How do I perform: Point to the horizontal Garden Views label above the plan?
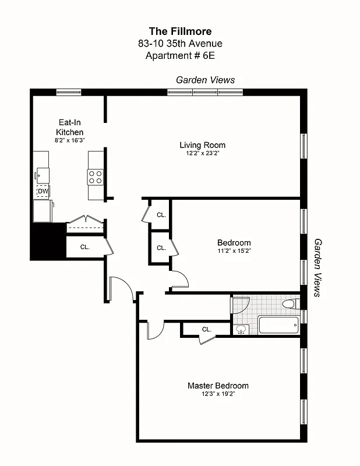tap(206, 80)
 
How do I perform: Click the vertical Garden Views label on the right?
tap(319, 267)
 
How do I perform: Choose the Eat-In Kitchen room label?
tap(69, 128)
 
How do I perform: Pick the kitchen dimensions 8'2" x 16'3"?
tap(69, 140)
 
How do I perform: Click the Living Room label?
tap(202, 145)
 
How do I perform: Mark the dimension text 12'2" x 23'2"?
tap(202, 153)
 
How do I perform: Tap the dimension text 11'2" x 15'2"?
tap(234, 251)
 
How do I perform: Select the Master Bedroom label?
tap(218, 386)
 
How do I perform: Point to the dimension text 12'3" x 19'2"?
tap(218, 394)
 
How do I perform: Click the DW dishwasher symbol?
tap(43, 191)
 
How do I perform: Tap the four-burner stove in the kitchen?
tap(96, 176)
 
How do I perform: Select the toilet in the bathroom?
tap(289, 304)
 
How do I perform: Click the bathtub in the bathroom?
tap(278, 324)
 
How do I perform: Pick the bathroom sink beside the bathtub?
tap(241, 329)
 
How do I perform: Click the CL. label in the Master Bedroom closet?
tap(206, 330)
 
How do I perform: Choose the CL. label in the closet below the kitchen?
tap(85, 247)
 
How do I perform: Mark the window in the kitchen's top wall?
tap(69, 91)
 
